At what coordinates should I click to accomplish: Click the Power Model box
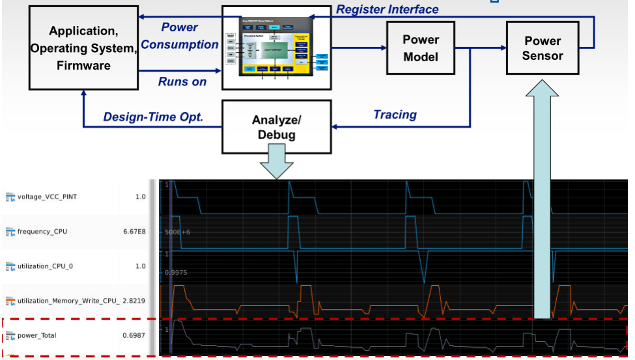(x=421, y=48)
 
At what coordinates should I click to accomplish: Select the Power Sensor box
(x=543, y=49)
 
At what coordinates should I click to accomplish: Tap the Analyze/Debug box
(x=274, y=128)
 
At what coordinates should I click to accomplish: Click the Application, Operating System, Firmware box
(x=83, y=48)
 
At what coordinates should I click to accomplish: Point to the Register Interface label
(x=387, y=9)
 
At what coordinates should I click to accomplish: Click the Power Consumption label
(x=180, y=36)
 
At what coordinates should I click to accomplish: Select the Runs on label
(x=182, y=81)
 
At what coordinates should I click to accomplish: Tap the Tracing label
(x=395, y=115)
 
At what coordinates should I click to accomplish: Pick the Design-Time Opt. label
(x=153, y=117)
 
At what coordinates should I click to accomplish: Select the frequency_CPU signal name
(x=42, y=232)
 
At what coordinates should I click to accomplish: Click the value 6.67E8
(x=134, y=232)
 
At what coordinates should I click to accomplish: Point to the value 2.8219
(x=134, y=301)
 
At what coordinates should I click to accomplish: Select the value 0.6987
(x=134, y=336)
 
